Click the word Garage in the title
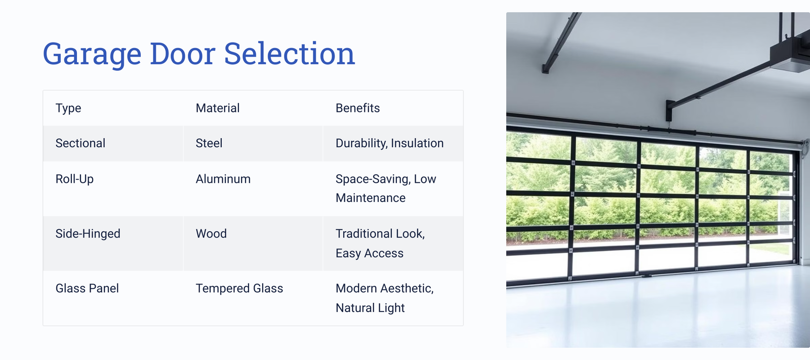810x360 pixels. click(x=92, y=54)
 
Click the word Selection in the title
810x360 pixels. click(x=289, y=54)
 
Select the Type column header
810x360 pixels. click(x=68, y=108)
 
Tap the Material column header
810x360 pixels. click(x=217, y=108)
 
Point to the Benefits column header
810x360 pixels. click(x=357, y=108)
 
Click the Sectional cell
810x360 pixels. click(x=80, y=143)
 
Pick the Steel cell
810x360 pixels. click(x=209, y=143)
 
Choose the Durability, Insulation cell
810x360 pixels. click(x=389, y=143)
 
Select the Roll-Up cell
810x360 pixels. click(x=74, y=179)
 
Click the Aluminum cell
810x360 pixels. click(x=223, y=179)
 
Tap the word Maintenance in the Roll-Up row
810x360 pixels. click(x=370, y=198)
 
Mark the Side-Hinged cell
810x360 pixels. click(x=88, y=234)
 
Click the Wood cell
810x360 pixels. click(x=211, y=233)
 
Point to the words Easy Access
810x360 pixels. click(x=369, y=253)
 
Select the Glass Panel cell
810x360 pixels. click(x=87, y=289)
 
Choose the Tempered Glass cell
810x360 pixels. click(x=239, y=289)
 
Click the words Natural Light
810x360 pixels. click(x=370, y=308)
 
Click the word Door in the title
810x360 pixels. click(x=183, y=54)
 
